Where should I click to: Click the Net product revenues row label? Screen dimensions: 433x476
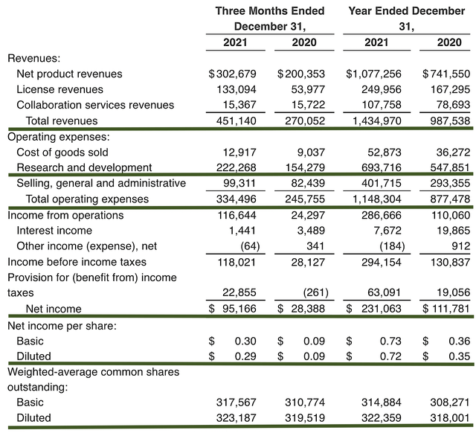pyautogui.click(x=69, y=74)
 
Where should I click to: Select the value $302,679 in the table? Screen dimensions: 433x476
pyautogui.click(x=232, y=74)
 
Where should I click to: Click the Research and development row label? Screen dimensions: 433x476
pyautogui.click(x=84, y=167)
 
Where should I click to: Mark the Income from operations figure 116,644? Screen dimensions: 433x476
pyautogui.click(x=237, y=214)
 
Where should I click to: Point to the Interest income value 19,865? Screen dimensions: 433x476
pyautogui.click(x=451, y=230)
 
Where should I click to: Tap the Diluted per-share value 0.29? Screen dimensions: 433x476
pyautogui.click(x=245, y=356)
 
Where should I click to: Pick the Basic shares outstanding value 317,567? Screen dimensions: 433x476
pyautogui.click(x=237, y=402)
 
